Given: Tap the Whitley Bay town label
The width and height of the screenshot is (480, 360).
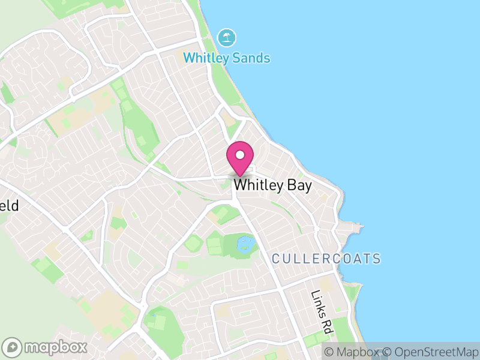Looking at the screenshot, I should click(272, 185).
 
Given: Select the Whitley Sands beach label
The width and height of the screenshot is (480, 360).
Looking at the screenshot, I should click(226, 58).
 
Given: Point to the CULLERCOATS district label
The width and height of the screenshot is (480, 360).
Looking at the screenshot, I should click(326, 259).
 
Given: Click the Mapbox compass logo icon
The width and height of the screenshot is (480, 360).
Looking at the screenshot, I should click(12, 347).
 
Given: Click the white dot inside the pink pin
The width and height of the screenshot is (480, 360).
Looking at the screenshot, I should click(239, 154).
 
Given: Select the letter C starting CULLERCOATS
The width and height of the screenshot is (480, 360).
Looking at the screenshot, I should click(276, 259).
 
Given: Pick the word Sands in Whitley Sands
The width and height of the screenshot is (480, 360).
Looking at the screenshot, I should click(252, 58).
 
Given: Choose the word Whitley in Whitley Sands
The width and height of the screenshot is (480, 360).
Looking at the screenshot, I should click(206, 58).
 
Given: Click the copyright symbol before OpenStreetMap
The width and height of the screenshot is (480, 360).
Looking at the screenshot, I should click(388, 352).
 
